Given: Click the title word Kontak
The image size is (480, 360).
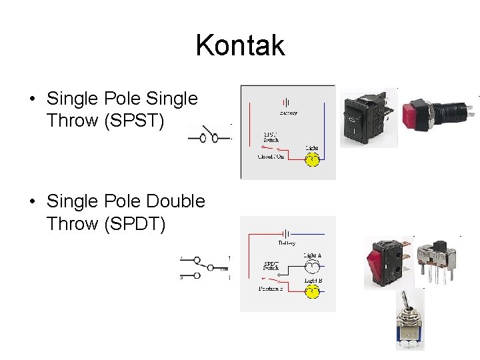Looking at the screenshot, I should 240,46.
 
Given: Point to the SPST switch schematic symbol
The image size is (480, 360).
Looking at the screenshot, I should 207,137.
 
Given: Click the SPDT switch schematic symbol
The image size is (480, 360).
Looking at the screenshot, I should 205,267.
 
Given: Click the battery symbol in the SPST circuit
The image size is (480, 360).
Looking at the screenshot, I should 287,103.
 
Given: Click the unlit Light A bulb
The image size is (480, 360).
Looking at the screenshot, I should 311,267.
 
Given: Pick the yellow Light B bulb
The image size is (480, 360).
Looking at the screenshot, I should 311,292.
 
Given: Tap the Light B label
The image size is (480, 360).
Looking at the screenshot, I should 313,281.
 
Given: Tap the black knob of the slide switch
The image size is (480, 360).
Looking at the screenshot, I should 441,245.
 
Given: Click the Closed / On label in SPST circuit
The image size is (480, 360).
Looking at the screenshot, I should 271,157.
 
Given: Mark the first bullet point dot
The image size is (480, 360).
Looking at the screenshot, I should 33,100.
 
